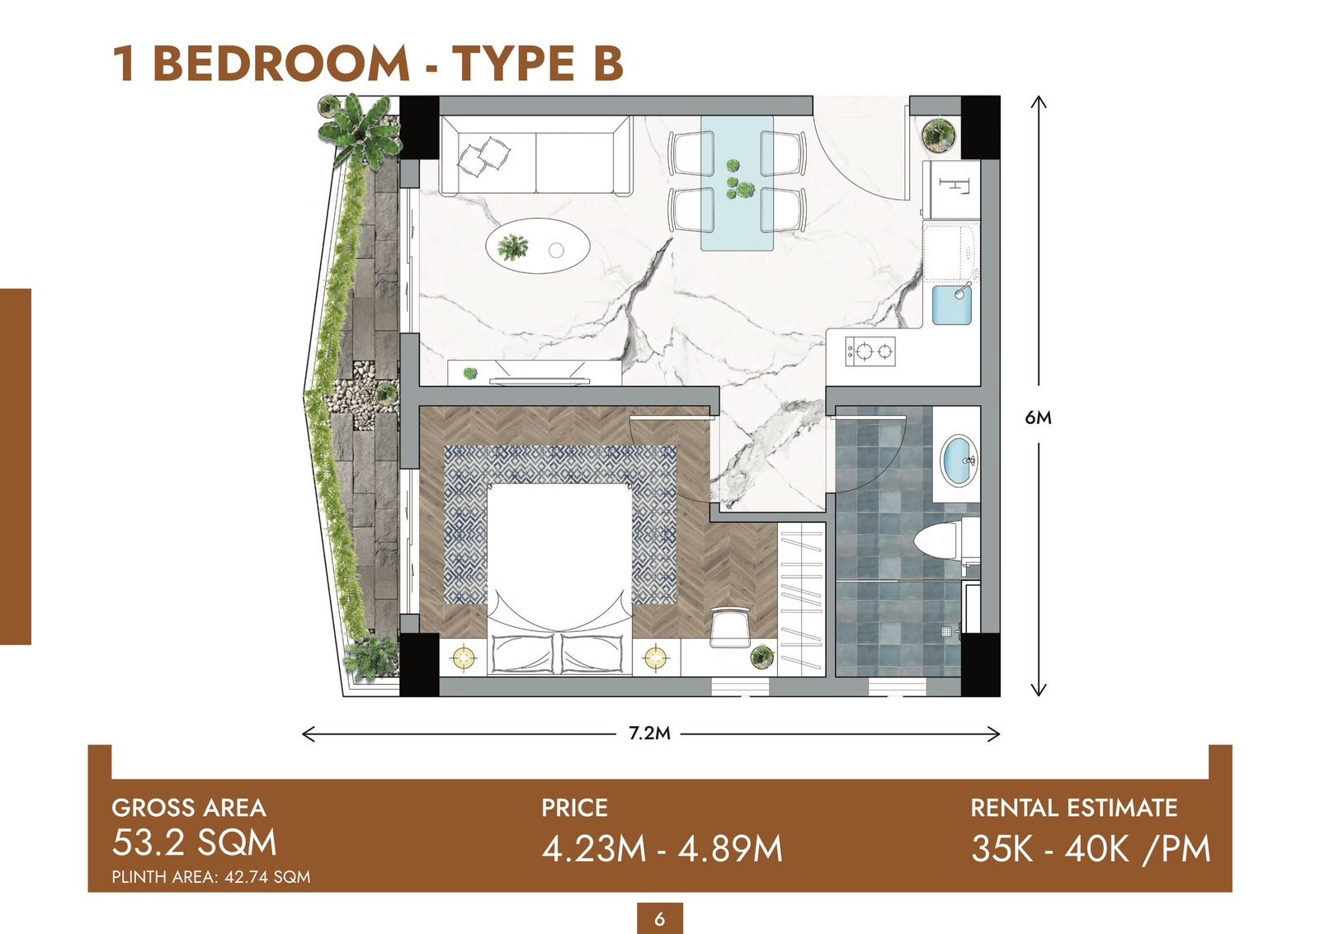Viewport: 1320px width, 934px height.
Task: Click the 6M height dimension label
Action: coord(1038,417)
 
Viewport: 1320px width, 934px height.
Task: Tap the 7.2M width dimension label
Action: coord(649,733)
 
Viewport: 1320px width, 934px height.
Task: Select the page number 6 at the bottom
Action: coord(659,918)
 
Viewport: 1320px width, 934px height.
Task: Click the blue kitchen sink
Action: coord(952,304)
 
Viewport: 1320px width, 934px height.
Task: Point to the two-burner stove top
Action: coord(870,351)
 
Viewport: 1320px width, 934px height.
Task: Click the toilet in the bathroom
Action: coord(946,539)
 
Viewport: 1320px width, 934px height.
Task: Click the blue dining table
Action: coord(737,182)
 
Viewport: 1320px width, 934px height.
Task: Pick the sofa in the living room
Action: coord(535,155)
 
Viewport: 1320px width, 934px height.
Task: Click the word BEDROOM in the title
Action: coord(281,64)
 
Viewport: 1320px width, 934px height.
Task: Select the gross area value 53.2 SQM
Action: coord(194,842)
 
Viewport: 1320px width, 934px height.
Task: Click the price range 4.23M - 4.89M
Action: coord(662,848)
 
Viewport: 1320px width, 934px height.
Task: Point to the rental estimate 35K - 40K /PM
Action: coord(1090,849)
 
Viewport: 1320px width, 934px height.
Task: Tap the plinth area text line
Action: coord(211,877)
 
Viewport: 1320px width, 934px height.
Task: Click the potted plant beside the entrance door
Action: coord(937,134)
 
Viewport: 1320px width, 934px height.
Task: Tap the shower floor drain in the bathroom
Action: coord(946,632)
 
